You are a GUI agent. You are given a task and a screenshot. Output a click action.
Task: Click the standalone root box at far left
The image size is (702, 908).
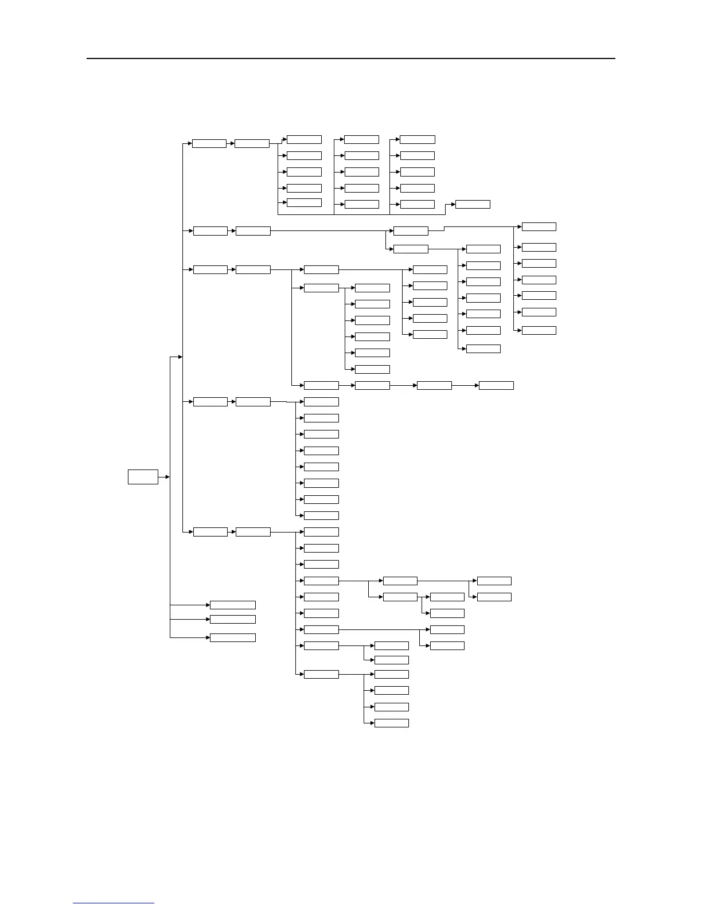pos(143,476)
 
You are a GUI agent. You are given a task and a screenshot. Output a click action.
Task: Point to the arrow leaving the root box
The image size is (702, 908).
pos(165,476)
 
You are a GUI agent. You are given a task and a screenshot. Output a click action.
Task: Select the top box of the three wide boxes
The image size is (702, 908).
pos(232,605)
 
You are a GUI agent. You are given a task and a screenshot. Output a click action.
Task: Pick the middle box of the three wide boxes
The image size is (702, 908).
pos(232,619)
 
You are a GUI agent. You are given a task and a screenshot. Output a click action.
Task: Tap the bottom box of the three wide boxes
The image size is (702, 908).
pos(232,637)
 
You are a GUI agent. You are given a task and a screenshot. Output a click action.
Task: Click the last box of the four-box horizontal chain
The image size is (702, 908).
pos(496,385)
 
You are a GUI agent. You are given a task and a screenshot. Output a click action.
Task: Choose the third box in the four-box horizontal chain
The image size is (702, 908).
pos(434,385)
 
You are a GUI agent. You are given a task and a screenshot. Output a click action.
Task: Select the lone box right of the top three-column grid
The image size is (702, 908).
pos(473,204)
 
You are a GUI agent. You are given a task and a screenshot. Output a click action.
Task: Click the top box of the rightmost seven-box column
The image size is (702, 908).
pos(539,226)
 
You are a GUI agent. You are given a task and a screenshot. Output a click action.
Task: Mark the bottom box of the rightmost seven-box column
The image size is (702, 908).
pos(539,330)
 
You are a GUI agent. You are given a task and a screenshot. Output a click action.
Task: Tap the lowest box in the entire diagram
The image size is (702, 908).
pos(391,723)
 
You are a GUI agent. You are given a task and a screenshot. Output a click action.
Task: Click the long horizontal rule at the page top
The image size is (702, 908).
pos(350,58)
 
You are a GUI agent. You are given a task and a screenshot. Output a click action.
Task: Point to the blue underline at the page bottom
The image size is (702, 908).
pos(114,903)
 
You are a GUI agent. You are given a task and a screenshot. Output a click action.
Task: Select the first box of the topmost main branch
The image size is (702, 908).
pos(209,143)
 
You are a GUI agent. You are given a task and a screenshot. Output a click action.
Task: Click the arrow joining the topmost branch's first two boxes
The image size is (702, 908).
pos(231,143)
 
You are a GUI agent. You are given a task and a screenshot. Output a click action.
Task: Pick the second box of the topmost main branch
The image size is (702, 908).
pos(252,143)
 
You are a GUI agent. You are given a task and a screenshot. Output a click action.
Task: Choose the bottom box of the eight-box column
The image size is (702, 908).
pos(321,515)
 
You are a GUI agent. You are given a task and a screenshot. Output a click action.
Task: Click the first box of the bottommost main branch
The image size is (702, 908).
pos(210,532)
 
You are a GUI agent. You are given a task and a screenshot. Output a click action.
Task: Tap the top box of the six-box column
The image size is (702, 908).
pos(372,288)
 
